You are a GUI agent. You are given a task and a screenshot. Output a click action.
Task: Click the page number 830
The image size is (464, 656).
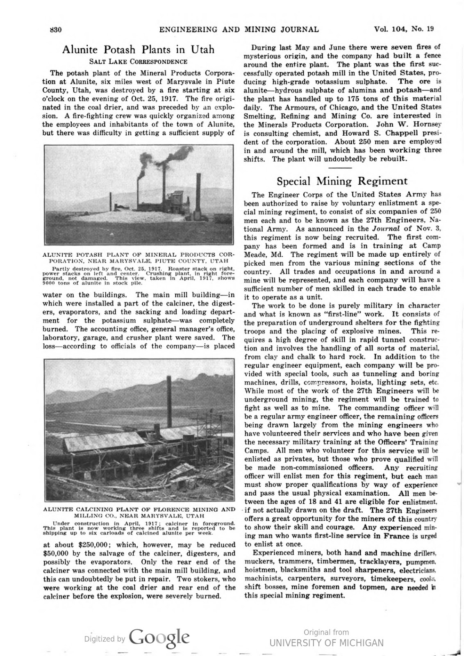pos(55,30)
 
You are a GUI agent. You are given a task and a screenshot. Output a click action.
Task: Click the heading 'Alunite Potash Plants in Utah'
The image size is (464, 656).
pos(138,50)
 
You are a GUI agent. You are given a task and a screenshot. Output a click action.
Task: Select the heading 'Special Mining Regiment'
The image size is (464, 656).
pos(342,181)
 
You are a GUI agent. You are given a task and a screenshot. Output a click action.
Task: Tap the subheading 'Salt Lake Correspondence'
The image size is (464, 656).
pos(138,61)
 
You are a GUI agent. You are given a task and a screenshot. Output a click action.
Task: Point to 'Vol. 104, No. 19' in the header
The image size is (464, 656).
pos(404,29)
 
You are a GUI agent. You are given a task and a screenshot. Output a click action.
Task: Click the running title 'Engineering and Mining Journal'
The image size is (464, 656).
pos(239,30)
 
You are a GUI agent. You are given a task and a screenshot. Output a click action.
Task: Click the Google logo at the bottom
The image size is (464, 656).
pos(159,638)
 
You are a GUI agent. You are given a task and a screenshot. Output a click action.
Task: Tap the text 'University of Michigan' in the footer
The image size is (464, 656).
pos(326,643)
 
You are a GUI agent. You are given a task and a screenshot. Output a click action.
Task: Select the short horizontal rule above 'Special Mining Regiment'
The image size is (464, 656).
pos(340,168)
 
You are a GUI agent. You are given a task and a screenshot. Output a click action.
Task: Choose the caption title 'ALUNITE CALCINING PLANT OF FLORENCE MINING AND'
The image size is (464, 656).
pos(139,510)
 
